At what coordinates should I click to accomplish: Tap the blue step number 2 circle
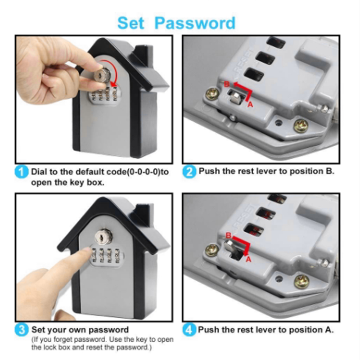[190, 172]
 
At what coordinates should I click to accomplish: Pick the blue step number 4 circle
[190, 329]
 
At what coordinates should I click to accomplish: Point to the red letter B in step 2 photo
[226, 84]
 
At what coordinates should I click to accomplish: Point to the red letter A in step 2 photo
[250, 103]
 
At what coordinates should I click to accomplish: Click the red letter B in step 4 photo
[228, 235]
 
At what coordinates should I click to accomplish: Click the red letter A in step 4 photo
[248, 259]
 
